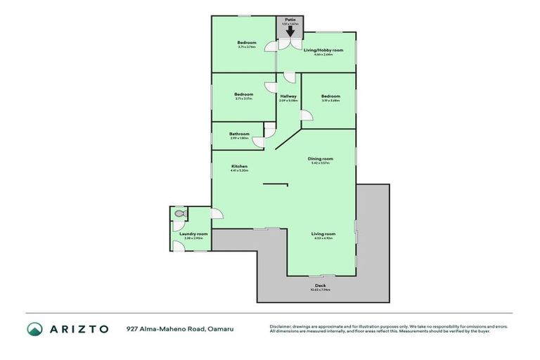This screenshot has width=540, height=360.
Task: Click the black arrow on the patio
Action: (290, 31)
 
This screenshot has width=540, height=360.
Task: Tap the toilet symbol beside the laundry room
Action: (179, 212)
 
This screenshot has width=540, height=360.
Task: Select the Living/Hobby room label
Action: (323, 51)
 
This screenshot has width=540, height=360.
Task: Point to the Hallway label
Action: (288, 96)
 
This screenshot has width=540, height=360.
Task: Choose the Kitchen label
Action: (240, 166)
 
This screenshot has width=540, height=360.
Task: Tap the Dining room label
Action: (320, 159)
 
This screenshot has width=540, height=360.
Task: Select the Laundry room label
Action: (193, 233)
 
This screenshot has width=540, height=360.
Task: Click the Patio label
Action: (290, 19)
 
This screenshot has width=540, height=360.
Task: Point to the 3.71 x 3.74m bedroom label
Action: (246, 43)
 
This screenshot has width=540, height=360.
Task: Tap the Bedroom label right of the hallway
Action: (330, 96)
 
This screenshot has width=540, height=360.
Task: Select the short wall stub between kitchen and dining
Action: (275, 185)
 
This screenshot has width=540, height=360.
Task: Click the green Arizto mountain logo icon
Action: (35, 328)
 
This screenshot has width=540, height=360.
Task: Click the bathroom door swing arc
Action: (259, 142)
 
